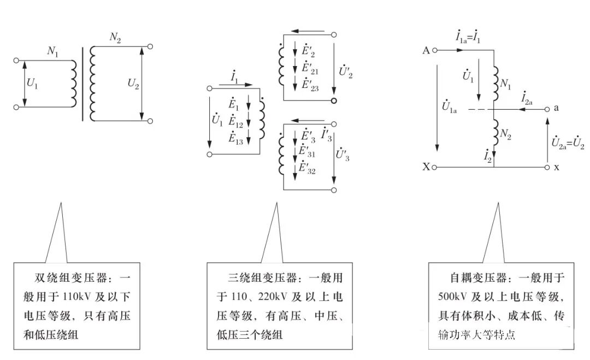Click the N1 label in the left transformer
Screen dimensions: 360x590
click(53, 52)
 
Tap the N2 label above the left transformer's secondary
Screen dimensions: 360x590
click(115, 37)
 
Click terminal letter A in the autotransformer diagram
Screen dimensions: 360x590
click(426, 51)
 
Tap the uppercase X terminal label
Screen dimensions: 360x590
click(426, 167)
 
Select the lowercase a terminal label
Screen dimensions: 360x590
click(556, 108)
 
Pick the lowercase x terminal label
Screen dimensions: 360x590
click(556, 167)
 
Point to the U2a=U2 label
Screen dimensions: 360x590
click(567, 145)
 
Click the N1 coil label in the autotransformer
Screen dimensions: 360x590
click(506, 84)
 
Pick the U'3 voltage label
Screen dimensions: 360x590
click(343, 156)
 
